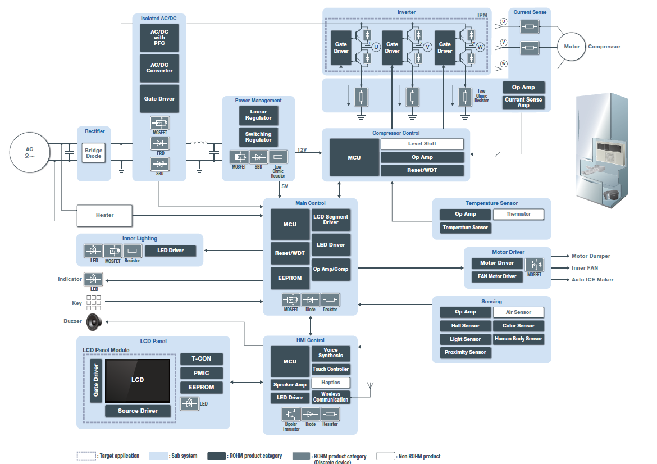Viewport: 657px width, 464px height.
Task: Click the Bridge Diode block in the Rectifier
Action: pos(94,153)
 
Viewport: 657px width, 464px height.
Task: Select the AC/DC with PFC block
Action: pos(159,38)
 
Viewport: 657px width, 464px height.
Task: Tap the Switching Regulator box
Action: pos(258,137)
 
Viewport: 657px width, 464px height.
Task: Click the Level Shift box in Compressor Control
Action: pos(422,144)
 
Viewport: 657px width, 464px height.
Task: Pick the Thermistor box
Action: pos(518,214)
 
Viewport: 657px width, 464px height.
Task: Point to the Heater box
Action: pos(104,215)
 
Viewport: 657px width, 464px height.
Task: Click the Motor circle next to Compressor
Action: pos(572,47)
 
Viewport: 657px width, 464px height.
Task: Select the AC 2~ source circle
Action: pos(29,152)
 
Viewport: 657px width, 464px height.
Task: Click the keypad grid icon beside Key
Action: pos(93,303)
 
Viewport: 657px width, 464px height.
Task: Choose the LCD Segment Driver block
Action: pos(331,220)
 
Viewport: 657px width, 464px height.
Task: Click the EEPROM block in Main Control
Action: pos(290,278)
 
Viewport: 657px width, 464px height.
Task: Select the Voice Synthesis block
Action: pos(331,353)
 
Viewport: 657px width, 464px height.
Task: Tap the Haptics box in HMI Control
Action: pos(331,383)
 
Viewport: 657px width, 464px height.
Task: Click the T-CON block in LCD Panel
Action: pos(202,359)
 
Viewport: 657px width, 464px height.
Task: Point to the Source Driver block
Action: pos(138,411)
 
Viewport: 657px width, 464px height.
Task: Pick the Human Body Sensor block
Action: pos(518,339)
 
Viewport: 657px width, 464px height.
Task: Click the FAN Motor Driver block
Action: pos(498,276)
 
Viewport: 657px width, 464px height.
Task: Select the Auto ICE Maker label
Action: pos(592,280)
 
